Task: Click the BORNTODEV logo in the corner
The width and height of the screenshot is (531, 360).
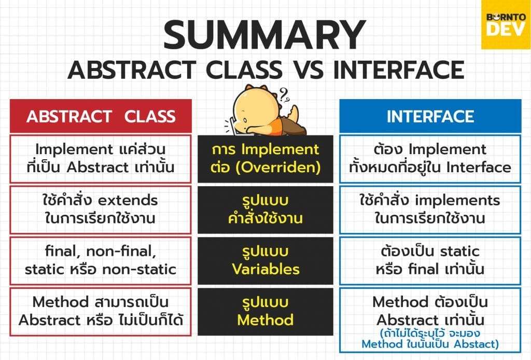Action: [506, 24]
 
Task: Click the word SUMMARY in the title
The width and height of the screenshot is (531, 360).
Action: [265, 35]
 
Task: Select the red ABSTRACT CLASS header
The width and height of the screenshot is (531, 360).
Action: [101, 116]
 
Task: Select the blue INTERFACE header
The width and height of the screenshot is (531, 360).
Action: [430, 116]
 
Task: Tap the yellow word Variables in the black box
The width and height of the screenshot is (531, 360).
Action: [266, 269]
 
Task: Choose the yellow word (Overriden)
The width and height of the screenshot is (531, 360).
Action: [278, 168]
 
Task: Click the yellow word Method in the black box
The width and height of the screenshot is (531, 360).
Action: [265, 320]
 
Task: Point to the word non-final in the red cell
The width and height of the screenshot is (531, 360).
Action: [121, 252]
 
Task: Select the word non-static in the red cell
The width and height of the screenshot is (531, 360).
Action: [139, 270]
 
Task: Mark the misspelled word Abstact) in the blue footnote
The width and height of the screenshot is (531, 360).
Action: [477, 344]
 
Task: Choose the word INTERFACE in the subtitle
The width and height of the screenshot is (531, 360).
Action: [399, 70]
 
